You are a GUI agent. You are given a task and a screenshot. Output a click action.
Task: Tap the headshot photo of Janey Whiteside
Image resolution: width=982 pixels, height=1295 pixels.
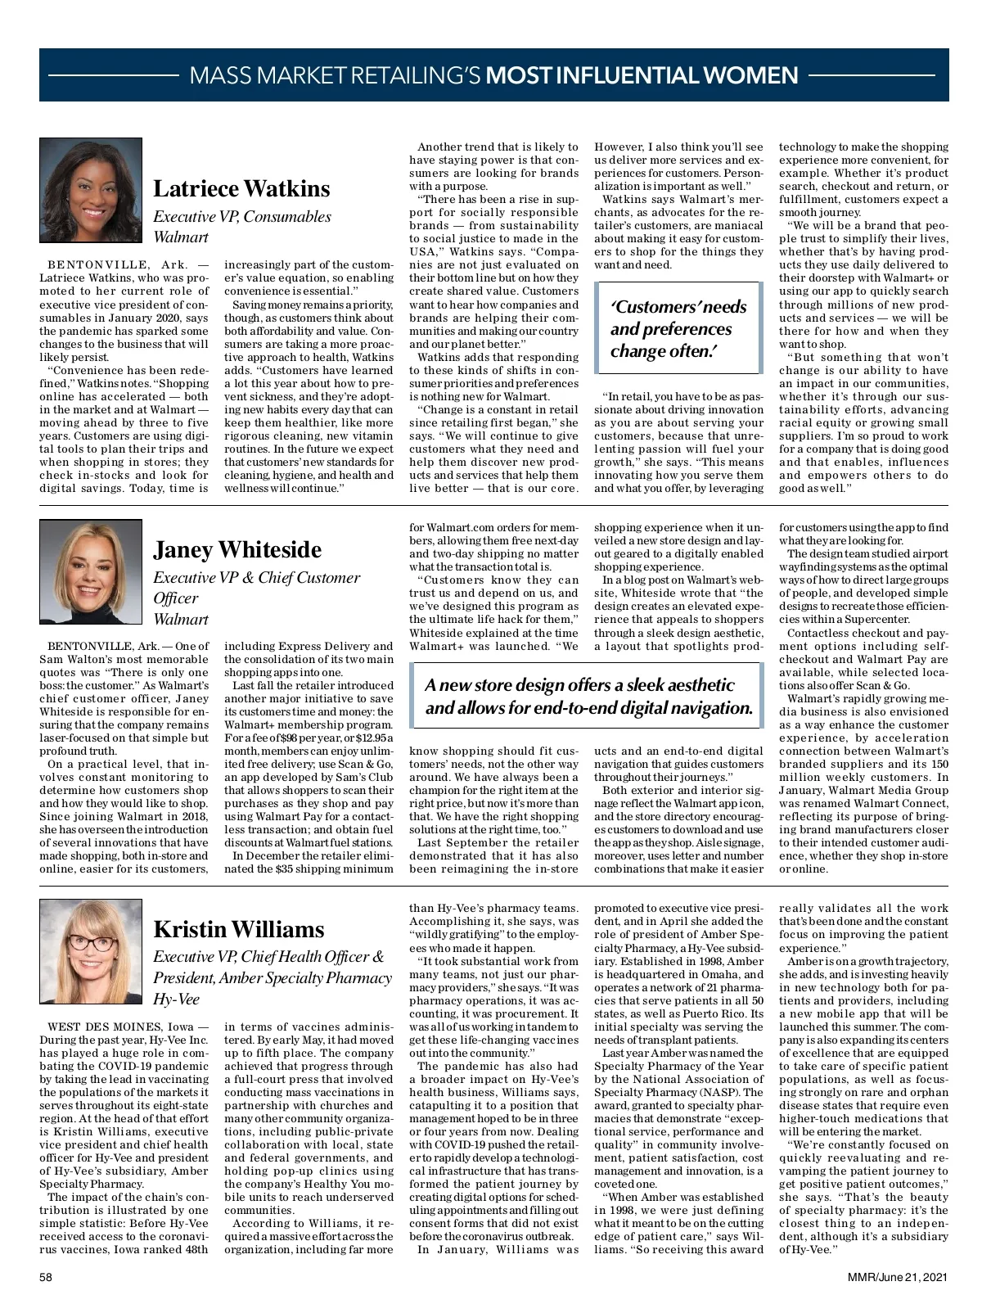coord(90,571)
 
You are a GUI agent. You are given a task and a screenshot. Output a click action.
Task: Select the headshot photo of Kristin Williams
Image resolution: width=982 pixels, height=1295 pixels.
coord(90,950)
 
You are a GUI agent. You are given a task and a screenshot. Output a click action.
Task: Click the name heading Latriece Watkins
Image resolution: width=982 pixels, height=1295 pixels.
coord(241,189)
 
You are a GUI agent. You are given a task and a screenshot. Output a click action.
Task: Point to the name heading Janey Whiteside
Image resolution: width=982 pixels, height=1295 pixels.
coord(237,549)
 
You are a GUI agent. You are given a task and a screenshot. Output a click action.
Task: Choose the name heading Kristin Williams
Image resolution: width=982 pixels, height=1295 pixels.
coord(239,929)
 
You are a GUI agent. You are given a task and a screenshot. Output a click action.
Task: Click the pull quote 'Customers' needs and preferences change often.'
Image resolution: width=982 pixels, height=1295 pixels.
coord(678,329)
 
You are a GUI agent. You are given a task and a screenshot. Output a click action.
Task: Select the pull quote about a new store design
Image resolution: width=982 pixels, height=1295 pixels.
coord(588,697)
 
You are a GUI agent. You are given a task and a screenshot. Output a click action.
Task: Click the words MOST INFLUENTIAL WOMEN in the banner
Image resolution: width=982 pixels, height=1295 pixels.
coord(642,75)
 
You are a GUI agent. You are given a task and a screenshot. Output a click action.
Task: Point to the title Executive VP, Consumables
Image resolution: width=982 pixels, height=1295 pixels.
coord(242,217)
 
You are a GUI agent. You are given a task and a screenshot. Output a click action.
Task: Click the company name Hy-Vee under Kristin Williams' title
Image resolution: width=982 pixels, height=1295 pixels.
coord(176,999)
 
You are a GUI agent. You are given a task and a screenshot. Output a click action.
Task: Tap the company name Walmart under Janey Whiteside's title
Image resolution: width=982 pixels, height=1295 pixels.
coord(181,619)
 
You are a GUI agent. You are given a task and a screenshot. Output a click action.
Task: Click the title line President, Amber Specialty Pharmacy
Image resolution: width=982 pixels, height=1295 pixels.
coord(273,978)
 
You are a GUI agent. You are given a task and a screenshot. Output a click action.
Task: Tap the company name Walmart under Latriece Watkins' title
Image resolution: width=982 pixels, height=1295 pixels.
coord(181,237)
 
